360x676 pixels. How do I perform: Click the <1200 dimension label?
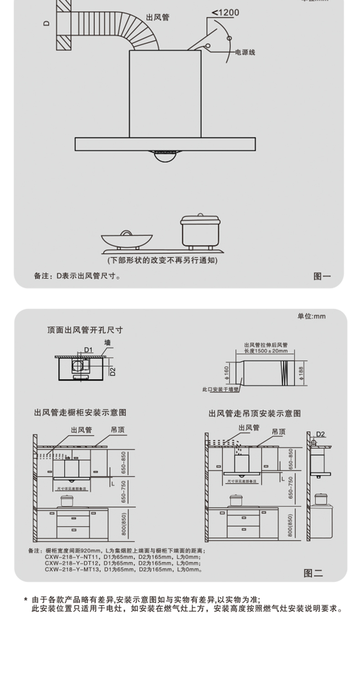coord(225,13)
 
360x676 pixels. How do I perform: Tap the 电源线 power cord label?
coord(245,52)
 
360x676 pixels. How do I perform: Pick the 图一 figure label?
coord(322,276)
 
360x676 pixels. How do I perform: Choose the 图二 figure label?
coord(313,573)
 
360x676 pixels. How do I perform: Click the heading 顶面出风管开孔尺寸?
coord(85,330)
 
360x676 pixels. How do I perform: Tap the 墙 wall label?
coord(108,343)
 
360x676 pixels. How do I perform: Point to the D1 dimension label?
coord(88,350)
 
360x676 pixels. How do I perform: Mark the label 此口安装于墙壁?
coord(221,389)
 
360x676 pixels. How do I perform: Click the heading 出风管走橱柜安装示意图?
coord(80,413)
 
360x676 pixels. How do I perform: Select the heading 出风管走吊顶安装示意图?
coord(255,414)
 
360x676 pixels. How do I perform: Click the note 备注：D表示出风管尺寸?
coord(77,276)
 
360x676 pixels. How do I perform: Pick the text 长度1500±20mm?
coord(266,351)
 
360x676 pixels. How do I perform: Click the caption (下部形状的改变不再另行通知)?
coord(162,261)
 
